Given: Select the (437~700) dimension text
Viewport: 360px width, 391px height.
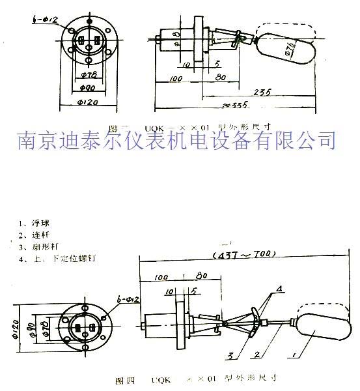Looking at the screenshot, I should tap(245, 253).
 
